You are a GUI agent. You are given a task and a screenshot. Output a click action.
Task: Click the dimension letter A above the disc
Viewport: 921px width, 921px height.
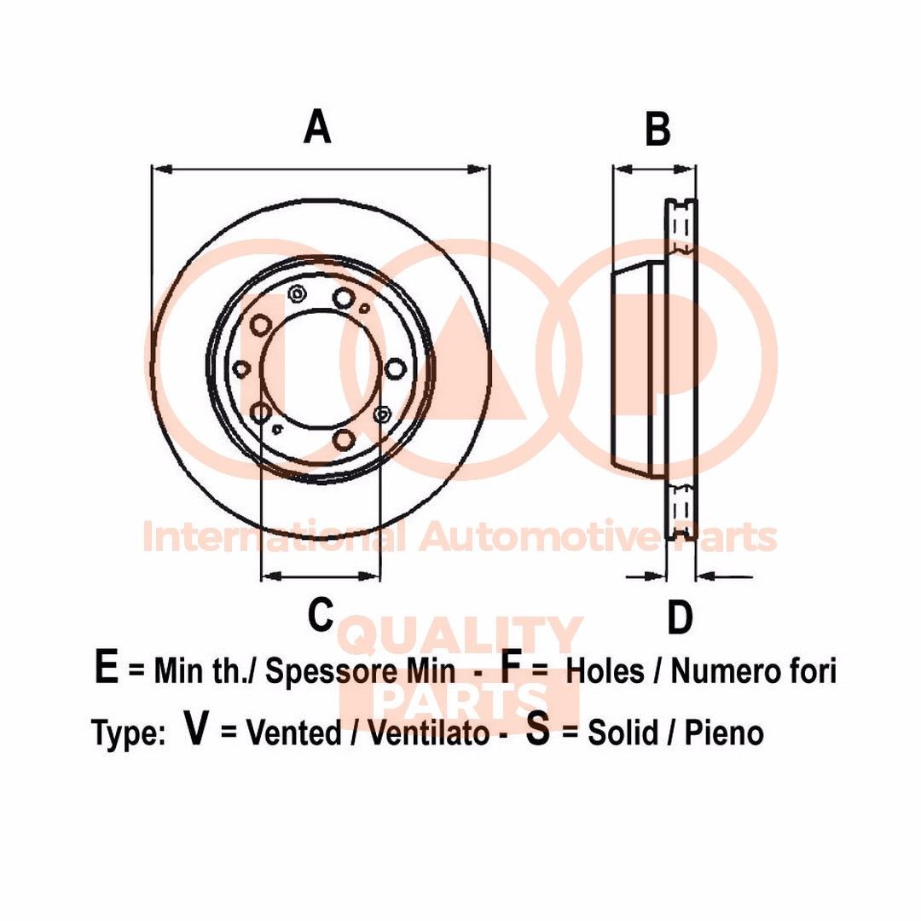point(317,128)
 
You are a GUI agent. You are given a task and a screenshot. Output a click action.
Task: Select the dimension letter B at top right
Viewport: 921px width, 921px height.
point(657,130)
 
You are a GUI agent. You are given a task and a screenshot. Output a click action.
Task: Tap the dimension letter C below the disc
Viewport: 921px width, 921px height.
point(320,614)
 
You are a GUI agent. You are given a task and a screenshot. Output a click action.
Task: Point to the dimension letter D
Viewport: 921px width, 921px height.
point(680,617)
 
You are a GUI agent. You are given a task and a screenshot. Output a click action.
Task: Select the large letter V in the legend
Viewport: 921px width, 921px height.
point(197,730)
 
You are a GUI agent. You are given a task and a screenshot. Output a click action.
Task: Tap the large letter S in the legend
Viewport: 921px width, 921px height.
point(537,730)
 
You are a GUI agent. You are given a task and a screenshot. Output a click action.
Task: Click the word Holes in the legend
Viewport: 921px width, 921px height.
point(605,671)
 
